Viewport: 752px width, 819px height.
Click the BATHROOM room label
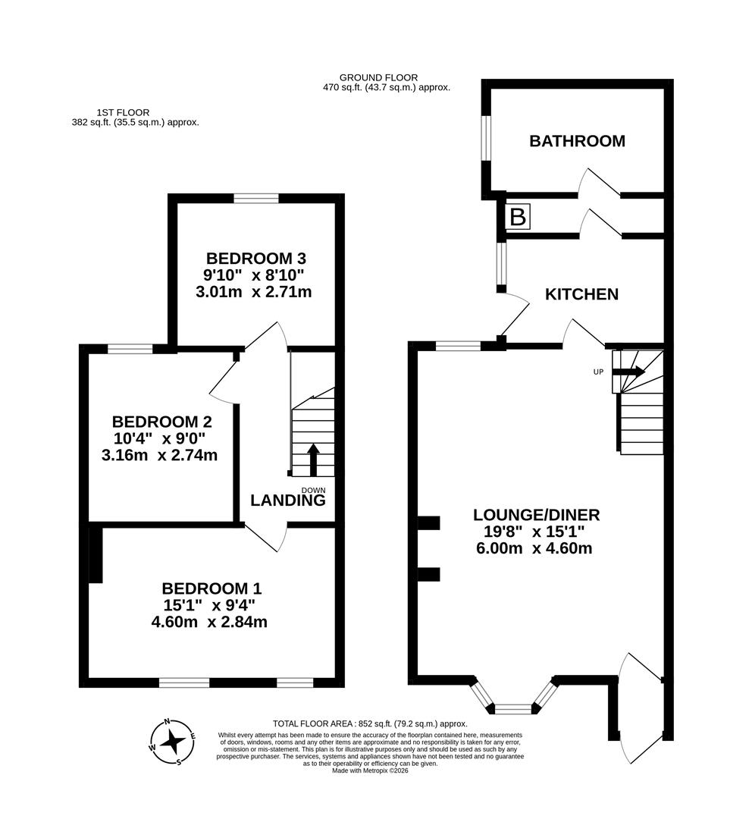coord(577,141)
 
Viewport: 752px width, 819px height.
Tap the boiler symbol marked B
coord(518,218)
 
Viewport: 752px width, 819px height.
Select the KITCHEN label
coord(582,294)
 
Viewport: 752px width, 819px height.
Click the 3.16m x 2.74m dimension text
coord(159,456)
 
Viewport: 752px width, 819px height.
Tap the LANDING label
coord(288,500)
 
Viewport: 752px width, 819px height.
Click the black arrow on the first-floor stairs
coord(312,457)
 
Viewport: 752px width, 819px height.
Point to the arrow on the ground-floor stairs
coord(628,372)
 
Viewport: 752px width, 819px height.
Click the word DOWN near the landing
coord(313,490)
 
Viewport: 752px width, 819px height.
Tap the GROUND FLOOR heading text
coord(378,77)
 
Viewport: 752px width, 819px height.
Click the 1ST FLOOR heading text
coord(123,112)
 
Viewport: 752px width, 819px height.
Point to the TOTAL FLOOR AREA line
coord(370,723)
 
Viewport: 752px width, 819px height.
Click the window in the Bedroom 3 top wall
coord(256,199)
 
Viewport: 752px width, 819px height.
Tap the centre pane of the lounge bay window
coord(514,709)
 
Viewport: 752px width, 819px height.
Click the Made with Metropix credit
coord(370,770)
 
